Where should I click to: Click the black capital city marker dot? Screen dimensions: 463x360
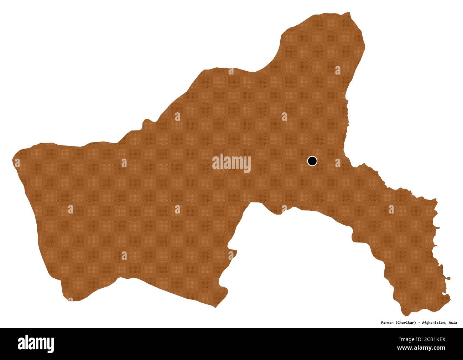312,161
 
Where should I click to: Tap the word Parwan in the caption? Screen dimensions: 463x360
385,323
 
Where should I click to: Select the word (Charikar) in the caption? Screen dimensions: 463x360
404,323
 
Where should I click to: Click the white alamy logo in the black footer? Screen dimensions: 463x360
36,344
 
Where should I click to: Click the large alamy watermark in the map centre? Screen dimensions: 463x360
231,163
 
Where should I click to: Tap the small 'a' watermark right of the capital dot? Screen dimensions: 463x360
337,163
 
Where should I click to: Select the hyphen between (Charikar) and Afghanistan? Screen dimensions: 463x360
418,323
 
